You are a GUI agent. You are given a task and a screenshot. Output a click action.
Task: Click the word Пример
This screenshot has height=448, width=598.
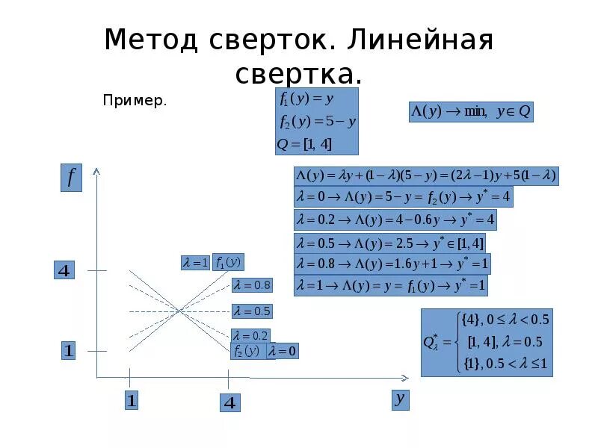(135, 100)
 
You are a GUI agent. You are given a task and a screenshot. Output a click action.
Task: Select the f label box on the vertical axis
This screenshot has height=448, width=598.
(71, 178)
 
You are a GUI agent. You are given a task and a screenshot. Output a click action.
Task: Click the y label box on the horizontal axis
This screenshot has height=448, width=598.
(401, 399)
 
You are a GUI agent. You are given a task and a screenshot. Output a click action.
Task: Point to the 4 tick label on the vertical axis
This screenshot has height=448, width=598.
(64, 270)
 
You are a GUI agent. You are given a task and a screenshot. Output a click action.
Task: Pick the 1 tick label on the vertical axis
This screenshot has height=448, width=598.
(68, 350)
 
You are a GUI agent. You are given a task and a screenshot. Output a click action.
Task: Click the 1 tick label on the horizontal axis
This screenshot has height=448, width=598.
(131, 401)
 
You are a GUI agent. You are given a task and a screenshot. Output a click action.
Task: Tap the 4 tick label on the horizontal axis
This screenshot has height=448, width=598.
(230, 403)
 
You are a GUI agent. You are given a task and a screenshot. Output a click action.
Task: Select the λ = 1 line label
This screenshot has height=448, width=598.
(195, 262)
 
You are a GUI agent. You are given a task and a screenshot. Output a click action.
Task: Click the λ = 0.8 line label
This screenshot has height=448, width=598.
(252, 284)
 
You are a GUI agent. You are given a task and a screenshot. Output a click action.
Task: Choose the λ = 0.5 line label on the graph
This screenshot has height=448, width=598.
(252, 311)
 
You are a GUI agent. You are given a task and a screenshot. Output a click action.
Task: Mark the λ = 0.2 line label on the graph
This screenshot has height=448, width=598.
(250, 336)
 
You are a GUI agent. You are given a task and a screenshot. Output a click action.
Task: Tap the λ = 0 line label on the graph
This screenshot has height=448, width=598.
(283, 351)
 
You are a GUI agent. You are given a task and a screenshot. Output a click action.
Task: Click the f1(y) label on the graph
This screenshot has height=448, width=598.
(228, 262)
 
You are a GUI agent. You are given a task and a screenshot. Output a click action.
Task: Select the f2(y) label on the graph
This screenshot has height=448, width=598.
(247, 351)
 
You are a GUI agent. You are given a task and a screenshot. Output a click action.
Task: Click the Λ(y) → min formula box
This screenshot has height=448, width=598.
(470, 112)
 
